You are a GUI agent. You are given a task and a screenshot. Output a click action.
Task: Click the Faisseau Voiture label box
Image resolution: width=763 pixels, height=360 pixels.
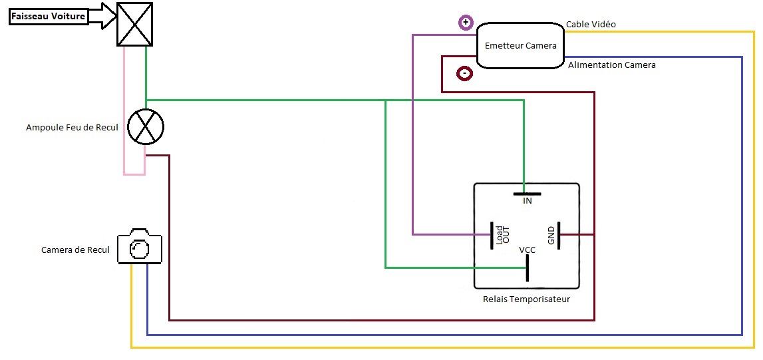click(x=49, y=17)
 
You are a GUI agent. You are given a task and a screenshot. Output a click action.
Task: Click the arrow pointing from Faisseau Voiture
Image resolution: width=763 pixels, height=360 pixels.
click(x=102, y=17)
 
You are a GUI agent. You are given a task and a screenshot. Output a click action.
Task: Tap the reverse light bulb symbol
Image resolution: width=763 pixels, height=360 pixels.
click(x=145, y=126)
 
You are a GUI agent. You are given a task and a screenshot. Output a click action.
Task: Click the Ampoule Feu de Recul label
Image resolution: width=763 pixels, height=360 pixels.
click(x=72, y=127)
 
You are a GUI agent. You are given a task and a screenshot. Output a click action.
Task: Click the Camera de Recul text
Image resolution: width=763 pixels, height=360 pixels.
click(x=75, y=250)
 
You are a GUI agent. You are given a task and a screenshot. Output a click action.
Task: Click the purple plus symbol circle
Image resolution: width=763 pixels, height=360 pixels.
click(x=466, y=23)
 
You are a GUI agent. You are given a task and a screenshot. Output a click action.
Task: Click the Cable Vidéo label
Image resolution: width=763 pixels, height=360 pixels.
click(x=591, y=25)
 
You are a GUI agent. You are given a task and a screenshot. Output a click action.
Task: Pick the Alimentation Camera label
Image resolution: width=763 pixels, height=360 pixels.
click(x=611, y=65)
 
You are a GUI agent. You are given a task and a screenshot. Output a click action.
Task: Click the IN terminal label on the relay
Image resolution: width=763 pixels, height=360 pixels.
click(x=527, y=201)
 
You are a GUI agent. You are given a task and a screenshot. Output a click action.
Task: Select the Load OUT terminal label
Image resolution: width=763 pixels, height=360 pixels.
click(x=502, y=236)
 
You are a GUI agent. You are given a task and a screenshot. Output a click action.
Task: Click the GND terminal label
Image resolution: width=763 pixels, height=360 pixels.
click(x=551, y=236)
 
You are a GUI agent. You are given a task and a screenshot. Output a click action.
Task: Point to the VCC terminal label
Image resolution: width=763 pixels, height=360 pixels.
click(x=527, y=250)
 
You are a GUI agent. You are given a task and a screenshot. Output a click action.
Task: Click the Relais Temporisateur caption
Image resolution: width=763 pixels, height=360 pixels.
click(x=526, y=299)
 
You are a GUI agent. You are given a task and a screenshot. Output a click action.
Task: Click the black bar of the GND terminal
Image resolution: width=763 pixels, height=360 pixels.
click(x=559, y=236)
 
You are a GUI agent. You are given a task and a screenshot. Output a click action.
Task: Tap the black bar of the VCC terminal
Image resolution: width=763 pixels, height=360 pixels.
click(x=527, y=268)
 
